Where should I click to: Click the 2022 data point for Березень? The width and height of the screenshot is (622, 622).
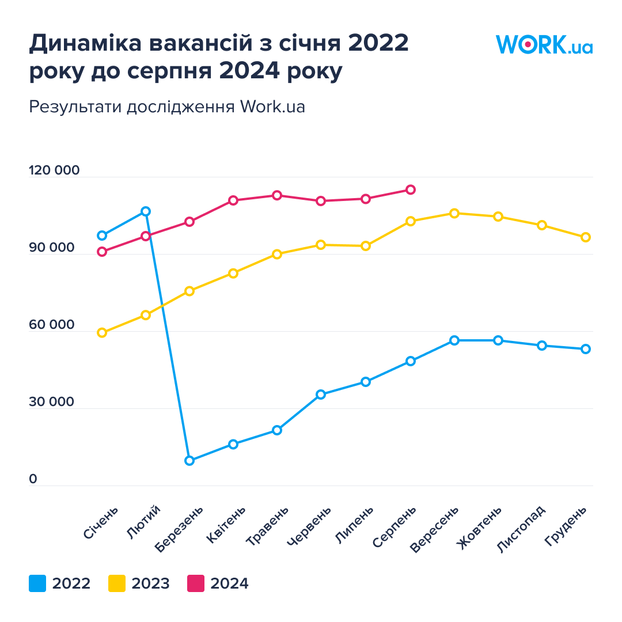tap(189, 461)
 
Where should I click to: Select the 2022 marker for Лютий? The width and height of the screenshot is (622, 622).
tap(146, 211)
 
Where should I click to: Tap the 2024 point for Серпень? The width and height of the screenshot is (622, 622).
tap(411, 189)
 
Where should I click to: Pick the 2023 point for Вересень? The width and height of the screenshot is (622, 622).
tap(454, 213)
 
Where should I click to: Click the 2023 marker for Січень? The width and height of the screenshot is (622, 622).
tap(102, 333)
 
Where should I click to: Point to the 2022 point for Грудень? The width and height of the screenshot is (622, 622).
tap(586, 349)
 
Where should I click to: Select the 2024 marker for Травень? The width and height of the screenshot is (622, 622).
tap(277, 195)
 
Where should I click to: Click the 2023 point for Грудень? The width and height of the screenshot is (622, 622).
tap(586, 237)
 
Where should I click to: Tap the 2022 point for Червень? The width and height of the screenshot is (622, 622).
tap(321, 395)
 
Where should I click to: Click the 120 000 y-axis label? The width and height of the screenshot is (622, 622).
tap(54, 170)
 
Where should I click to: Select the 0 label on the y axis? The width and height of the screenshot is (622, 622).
tap(33, 479)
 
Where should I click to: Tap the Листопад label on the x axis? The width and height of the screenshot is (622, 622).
tap(522, 529)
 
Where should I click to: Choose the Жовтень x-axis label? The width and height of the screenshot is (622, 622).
tap(479, 528)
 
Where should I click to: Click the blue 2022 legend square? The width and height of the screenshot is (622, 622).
tap(37, 583)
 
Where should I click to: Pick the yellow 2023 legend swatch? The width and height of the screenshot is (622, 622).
tap(116, 583)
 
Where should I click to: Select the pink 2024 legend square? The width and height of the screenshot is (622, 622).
tap(196, 583)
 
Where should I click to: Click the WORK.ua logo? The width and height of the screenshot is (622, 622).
tap(544, 44)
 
